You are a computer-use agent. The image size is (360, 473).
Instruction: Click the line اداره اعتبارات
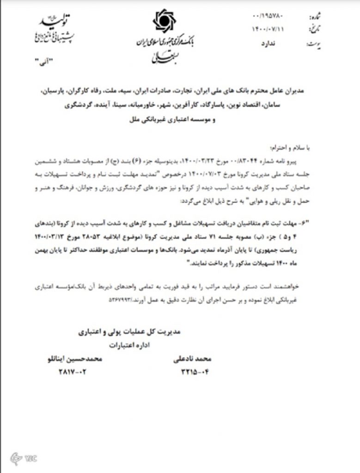coord(134,345)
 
